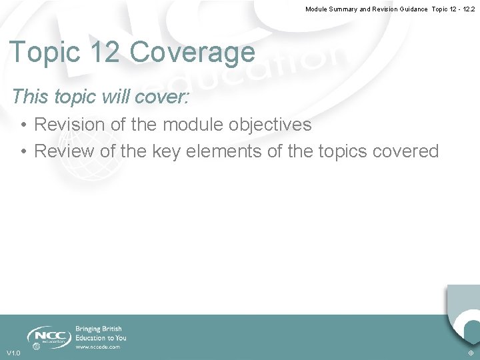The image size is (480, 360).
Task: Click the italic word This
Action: click(30, 97)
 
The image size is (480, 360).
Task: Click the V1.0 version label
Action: click(13, 353)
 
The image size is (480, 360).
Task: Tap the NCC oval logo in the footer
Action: click(49, 335)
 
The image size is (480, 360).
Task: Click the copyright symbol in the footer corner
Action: click(471, 353)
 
